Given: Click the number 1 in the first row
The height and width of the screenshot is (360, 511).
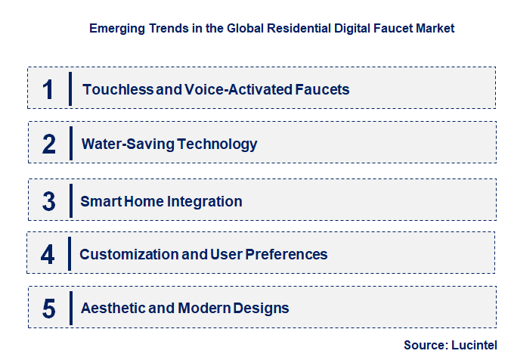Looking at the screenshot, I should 48,89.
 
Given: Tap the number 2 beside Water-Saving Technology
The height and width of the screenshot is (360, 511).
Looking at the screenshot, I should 48,144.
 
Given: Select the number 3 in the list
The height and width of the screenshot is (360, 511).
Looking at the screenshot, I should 48,201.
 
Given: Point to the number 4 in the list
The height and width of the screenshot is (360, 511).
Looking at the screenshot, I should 48,255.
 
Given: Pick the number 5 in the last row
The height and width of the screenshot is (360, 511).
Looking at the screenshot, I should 48,309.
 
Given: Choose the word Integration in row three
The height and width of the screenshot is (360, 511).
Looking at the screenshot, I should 207,201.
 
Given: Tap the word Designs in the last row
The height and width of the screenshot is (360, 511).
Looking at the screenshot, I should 262,308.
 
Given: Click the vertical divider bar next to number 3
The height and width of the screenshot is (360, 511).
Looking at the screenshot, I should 71,201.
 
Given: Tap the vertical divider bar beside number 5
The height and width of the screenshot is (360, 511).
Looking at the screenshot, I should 71,309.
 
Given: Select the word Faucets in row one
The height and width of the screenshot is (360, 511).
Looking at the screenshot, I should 324,89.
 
